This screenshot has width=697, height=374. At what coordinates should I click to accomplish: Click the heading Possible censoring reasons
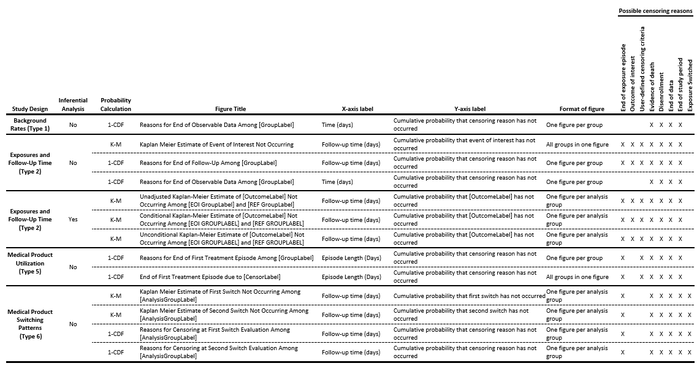click(655, 11)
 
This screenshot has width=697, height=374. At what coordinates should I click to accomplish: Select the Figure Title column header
click(230, 109)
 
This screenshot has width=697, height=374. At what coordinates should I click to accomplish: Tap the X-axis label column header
click(348, 109)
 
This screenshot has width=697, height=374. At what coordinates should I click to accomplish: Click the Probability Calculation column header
click(116, 105)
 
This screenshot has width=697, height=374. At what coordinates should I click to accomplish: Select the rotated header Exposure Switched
click(690, 86)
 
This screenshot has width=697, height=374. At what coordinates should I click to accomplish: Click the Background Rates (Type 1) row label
click(30, 124)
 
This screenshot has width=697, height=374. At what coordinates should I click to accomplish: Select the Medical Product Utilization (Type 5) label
click(30, 263)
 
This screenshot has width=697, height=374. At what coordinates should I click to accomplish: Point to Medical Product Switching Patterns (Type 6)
click(30, 324)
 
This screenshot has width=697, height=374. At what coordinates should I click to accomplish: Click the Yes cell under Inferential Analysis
click(73, 219)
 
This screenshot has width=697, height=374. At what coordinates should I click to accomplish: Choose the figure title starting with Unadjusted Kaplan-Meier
click(222, 200)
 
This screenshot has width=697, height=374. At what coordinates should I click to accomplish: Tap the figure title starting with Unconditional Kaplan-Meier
click(222, 239)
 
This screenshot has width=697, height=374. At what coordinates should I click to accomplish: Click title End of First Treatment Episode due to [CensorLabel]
click(210, 277)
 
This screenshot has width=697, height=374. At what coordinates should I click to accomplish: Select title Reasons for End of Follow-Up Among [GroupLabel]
click(208, 163)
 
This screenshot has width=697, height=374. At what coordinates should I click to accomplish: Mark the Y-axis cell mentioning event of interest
click(464, 144)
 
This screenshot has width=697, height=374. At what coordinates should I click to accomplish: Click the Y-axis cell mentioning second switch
click(460, 315)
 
